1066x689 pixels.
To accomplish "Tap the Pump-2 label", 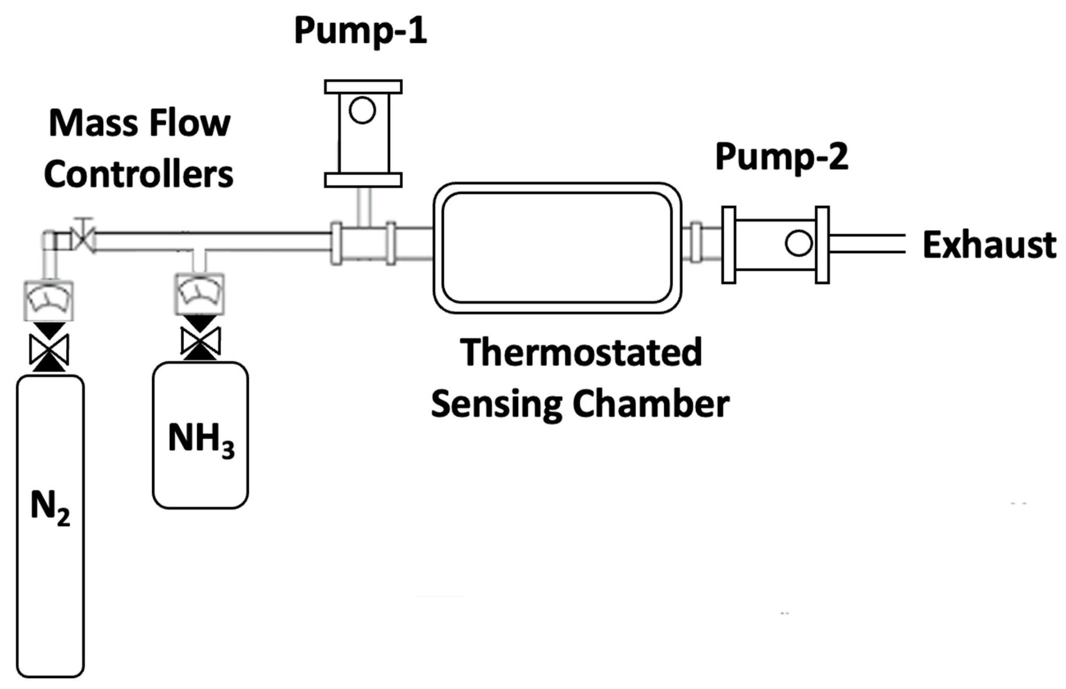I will tap(782, 158).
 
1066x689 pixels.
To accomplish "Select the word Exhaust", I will tap(989, 245).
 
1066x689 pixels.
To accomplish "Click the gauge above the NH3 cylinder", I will tap(200, 293).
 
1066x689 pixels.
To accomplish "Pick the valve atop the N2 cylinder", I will tap(49, 349).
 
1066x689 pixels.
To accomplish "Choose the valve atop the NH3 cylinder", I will tap(200, 342).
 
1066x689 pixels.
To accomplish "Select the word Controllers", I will tap(139, 175).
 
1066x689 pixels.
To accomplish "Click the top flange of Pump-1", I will tap(363, 87).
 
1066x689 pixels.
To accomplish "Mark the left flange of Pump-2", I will tap(729, 245).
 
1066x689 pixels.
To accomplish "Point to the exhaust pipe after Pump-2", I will tap(867, 244).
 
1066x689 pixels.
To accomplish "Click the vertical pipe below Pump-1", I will tap(364, 207).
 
